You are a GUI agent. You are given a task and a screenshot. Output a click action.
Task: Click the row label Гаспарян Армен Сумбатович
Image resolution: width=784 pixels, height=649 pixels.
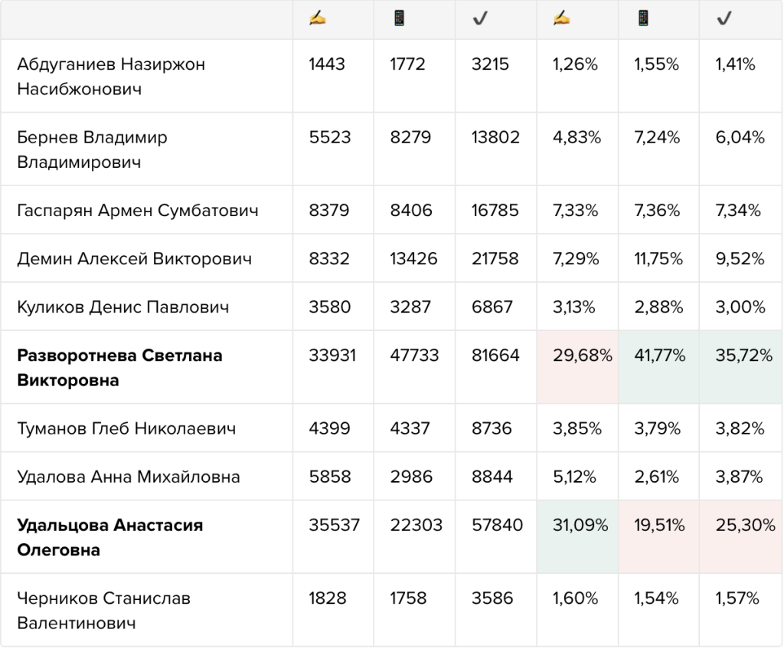[x=138, y=210]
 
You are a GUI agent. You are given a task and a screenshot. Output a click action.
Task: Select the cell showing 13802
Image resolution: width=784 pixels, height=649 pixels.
[x=495, y=137]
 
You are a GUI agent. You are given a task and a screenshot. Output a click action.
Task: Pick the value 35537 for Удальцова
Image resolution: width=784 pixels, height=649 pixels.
[x=334, y=525]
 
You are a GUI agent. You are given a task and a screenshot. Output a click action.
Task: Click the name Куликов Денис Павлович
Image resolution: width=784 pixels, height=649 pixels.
[x=123, y=306]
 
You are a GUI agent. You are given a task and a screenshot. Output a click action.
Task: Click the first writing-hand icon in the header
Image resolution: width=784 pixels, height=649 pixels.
[x=318, y=19]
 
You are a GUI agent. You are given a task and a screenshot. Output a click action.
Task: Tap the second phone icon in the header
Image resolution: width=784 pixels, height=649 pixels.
[x=643, y=19]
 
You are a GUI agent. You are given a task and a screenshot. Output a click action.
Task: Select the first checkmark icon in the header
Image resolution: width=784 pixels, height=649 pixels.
[x=480, y=19]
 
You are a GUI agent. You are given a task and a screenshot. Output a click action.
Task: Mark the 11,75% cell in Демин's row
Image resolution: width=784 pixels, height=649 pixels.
[x=658, y=259]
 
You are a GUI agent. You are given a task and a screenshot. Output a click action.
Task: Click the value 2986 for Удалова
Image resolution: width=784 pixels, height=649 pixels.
[x=411, y=477]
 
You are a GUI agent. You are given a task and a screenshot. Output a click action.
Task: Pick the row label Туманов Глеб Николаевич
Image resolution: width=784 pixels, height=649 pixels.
[x=126, y=428]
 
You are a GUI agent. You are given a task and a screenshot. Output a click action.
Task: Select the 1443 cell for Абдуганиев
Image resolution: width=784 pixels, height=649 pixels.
[x=327, y=64]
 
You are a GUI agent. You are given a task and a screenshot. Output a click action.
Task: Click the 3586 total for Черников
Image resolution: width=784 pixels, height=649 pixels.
[x=492, y=598]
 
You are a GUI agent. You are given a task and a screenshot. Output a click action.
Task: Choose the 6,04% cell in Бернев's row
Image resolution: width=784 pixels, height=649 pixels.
[x=740, y=137]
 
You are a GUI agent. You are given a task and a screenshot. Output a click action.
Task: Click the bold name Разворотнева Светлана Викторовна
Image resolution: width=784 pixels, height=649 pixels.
[x=119, y=368]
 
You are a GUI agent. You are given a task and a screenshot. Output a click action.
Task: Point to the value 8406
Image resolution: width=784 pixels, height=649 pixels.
[x=411, y=210]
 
